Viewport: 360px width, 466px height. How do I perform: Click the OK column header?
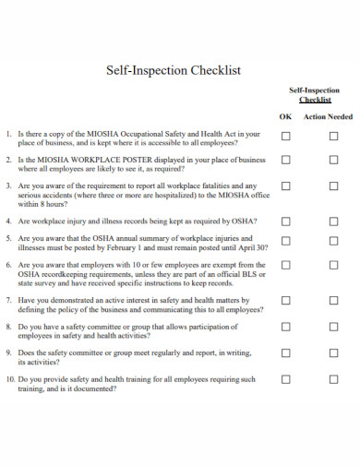[285, 117]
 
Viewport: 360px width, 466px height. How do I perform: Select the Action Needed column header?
[329, 117]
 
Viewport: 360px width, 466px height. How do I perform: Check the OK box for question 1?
[285, 135]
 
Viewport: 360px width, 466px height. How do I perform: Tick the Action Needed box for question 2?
[333, 161]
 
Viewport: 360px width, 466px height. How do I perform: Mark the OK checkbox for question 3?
[285, 186]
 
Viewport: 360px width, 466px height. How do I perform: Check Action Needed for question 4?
[333, 222]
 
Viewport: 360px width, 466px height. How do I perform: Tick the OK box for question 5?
[285, 238]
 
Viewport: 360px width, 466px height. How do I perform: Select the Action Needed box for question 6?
[333, 265]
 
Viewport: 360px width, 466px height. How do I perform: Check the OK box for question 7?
[285, 301]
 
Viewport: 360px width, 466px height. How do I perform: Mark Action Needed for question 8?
[333, 327]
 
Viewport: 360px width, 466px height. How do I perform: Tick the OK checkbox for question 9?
[285, 352]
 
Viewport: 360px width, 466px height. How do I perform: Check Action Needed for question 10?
[333, 379]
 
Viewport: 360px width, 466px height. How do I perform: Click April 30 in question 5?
[250, 248]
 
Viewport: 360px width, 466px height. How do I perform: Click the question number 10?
[9, 379]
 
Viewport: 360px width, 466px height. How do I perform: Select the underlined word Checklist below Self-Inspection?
[315, 100]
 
